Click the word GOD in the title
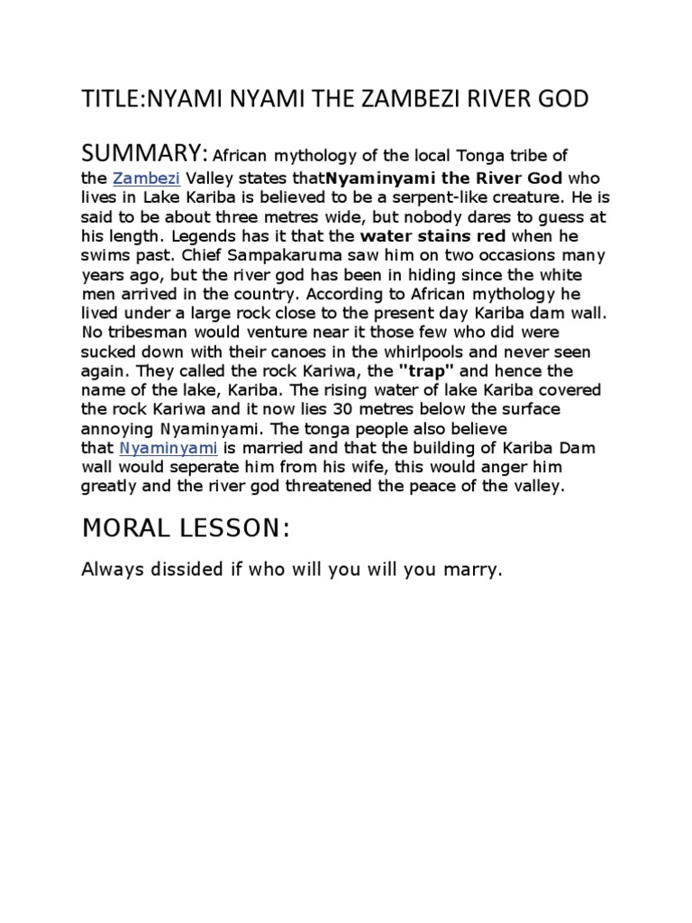click(x=563, y=100)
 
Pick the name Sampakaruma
click(x=244, y=255)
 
